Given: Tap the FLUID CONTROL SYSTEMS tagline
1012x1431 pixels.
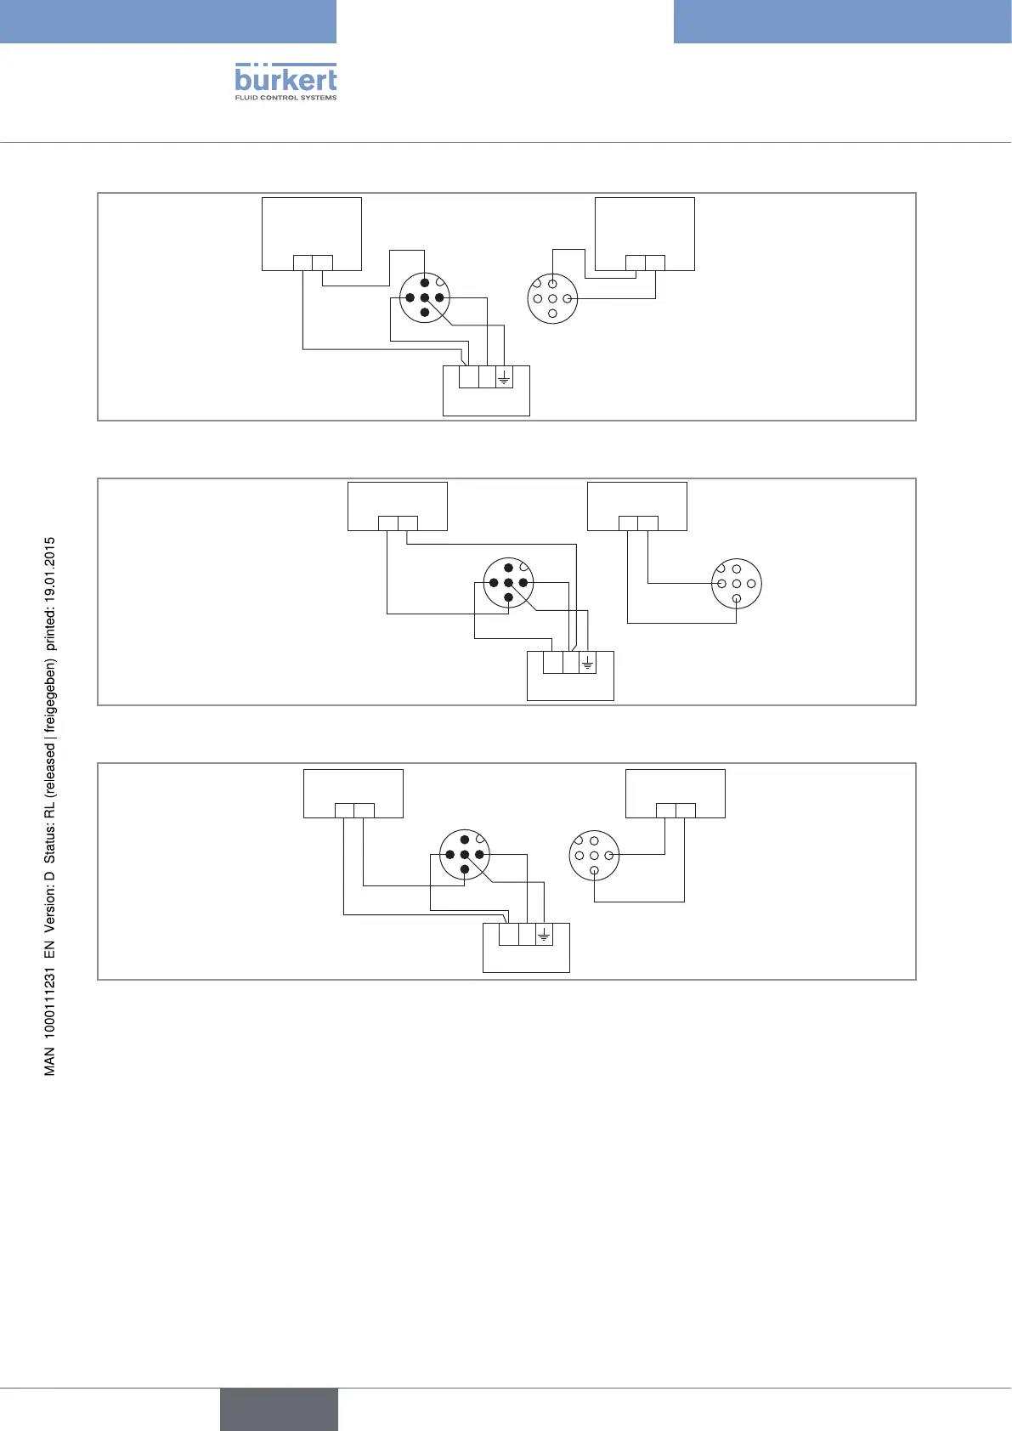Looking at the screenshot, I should (286, 98).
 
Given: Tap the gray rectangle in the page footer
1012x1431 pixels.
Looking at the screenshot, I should (279, 1409).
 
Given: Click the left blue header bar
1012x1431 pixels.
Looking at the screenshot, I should (168, 21).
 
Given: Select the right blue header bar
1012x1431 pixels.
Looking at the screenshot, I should (842, 21).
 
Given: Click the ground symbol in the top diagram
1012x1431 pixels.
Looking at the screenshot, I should (504, 376).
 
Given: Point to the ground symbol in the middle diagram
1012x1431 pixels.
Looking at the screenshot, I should (587, 662).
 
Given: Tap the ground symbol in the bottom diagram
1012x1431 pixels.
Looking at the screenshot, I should (544, 935).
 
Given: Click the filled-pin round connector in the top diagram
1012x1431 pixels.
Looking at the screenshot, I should (424, 297).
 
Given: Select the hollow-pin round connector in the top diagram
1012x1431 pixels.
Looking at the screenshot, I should (552, 298).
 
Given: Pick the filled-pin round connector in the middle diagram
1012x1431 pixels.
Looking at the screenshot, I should (508, 582).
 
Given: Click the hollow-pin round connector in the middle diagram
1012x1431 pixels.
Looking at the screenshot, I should (737, 584).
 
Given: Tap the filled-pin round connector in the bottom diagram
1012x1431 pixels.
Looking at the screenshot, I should (464, 854).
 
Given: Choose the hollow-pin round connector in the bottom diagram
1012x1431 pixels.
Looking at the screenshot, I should (594, 855).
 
